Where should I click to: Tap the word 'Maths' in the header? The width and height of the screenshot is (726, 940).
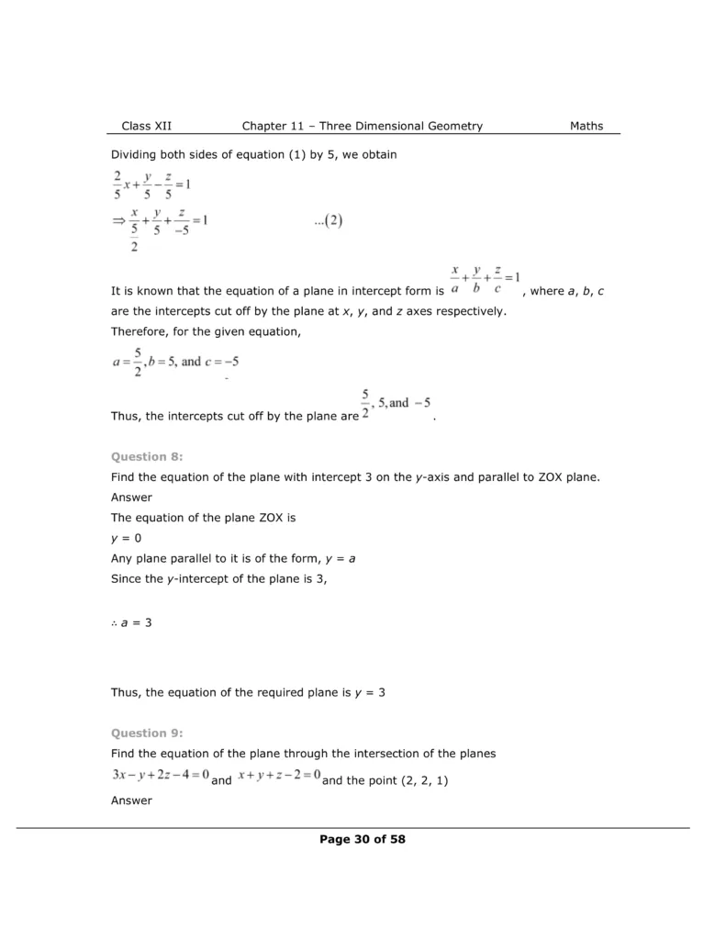tap(586, 126)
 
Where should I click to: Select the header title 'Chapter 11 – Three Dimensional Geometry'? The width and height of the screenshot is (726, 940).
tap(362, 126)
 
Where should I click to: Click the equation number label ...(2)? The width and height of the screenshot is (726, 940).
tap(327, 221)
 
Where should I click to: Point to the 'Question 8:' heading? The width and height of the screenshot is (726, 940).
tap(147, 455)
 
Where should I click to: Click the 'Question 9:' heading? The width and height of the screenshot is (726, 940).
tap(147, 733)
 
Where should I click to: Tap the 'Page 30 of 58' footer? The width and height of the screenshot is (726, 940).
tap(363, 839)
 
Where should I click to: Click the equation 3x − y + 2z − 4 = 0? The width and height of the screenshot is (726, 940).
tap(161, 776)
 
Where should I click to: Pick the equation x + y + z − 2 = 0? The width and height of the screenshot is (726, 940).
tap(278, 776)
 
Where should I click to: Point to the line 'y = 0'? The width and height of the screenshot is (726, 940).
tap(126, 538)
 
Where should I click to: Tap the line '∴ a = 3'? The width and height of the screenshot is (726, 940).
tap(131, 622)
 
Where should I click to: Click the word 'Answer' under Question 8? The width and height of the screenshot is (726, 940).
tap(131, 498)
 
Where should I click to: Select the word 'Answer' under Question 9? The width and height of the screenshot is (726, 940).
tap(131, 800)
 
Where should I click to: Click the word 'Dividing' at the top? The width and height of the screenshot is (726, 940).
tap(135, 154)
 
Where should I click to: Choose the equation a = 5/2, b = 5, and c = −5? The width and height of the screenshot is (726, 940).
tap(175, 363)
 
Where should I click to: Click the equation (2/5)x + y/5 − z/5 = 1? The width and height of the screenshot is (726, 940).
tap(151, 185)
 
